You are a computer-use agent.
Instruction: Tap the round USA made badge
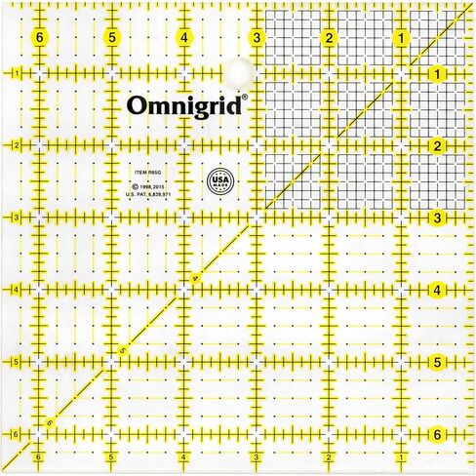pyautogui.click(x=220, y=182)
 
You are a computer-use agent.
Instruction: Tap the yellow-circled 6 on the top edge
pyautogui.click(x=39, y=38)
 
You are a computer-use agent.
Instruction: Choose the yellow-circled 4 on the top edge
pyautogui.click(x=184, y=38)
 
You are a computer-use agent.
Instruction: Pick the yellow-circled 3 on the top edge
pyautogui.click(x=256, y=38)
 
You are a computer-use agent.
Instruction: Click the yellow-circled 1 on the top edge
pyautogui.click(x=401, y=38)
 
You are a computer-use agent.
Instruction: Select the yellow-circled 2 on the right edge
pyautogui.click(x=438, y=146)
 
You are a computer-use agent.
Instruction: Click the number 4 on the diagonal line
pyautogui.click(x=194, y=281)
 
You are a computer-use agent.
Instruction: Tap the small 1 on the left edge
pyautogui.click(x=17, y=73)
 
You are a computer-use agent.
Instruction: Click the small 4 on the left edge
pyautogui.click(x=17, y=290)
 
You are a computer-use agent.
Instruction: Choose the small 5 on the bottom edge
pyautogui.click(x=111, y=456)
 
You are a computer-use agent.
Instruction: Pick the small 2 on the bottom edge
pyautogui.click(x=329, y=456)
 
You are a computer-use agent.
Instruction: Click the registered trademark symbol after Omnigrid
pyautogui.click(x=245, y=97)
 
